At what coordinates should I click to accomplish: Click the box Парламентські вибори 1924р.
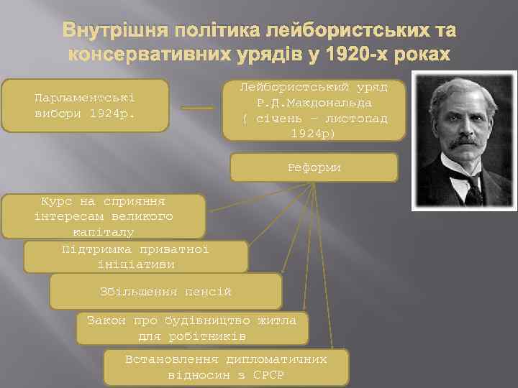point(85,106)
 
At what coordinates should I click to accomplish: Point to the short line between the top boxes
point(197,108)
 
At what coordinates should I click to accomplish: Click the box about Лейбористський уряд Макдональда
point(314,110)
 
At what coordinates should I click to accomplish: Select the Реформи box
point(314,167)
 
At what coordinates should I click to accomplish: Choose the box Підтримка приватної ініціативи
point(135,257)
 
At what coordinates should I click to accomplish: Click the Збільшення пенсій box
point(165,292)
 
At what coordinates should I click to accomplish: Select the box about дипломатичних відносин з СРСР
point(226,368)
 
